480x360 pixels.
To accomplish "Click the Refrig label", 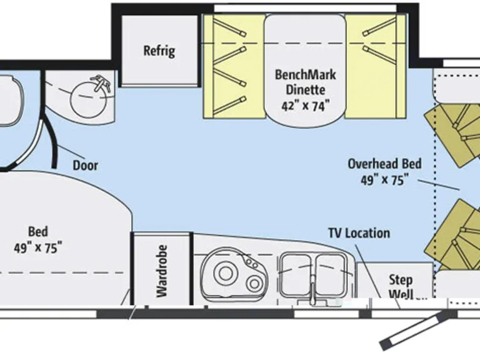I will (x=159, y=51).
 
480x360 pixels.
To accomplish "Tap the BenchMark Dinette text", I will (x=305, y=82).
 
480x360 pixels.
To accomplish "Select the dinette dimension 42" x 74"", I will (x=305, y=106).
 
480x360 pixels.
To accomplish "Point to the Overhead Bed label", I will (x=384, y=164).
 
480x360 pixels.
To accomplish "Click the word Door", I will (x=86, y=166).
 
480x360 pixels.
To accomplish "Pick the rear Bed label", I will (x=37, y=231).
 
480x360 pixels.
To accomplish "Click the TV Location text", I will (x=359, y=233).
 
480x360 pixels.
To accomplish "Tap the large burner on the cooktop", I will (x=225, y=273).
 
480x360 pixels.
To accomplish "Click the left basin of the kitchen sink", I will (x=295, y=272).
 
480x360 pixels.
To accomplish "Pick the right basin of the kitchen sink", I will (x=331, y=272).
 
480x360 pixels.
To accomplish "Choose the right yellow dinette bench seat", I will (x=375, y=66).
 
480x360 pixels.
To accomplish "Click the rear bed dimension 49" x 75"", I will (x=37, y=247).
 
